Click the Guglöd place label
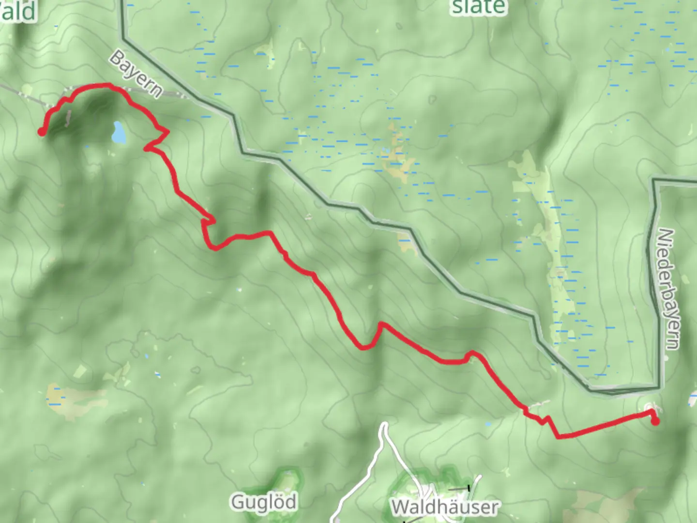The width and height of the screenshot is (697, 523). tap(264, 502)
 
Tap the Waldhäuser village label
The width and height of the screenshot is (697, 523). tap(444, 507)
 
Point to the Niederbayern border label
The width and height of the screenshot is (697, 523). tap(668, 289)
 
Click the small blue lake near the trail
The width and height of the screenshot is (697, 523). tap(119, 132)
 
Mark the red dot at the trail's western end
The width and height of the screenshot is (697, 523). tap(42, 131)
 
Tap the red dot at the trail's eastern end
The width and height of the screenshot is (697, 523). tap(655, 421)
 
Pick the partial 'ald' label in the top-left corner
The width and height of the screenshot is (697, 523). tap(18, 11)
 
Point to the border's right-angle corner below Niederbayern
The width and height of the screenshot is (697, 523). tap(658, 387)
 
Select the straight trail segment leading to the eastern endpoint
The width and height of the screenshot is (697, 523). tap(605, 427)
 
